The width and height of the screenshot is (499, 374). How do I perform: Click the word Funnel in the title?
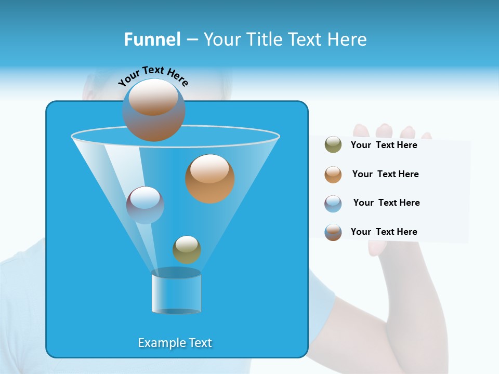pos(152,39)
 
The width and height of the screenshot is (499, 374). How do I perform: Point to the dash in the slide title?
pos(192,40)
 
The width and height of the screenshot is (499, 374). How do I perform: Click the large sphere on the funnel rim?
pos(154,110)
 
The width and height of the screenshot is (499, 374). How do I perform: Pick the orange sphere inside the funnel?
pos(210,178)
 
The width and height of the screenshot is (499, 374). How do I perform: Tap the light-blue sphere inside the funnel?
pos(145,205)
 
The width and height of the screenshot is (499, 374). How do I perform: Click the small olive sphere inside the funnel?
pos(187,249)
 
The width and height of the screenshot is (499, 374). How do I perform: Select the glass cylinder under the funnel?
pos(176,292)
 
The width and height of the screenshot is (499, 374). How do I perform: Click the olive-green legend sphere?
pos(333,144)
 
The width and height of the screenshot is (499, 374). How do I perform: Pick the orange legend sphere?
pos(333,175)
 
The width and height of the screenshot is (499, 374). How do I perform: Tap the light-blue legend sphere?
pos(333,204)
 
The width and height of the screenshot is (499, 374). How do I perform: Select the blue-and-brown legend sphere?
pos(333,232)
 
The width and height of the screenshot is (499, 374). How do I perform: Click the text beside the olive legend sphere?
pos(384,145)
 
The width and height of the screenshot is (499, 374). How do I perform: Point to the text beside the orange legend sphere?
pos(385,174)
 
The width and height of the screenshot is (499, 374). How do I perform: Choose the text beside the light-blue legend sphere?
pos(386,203)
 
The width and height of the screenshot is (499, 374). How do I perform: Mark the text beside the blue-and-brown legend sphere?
pos(384,232)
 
